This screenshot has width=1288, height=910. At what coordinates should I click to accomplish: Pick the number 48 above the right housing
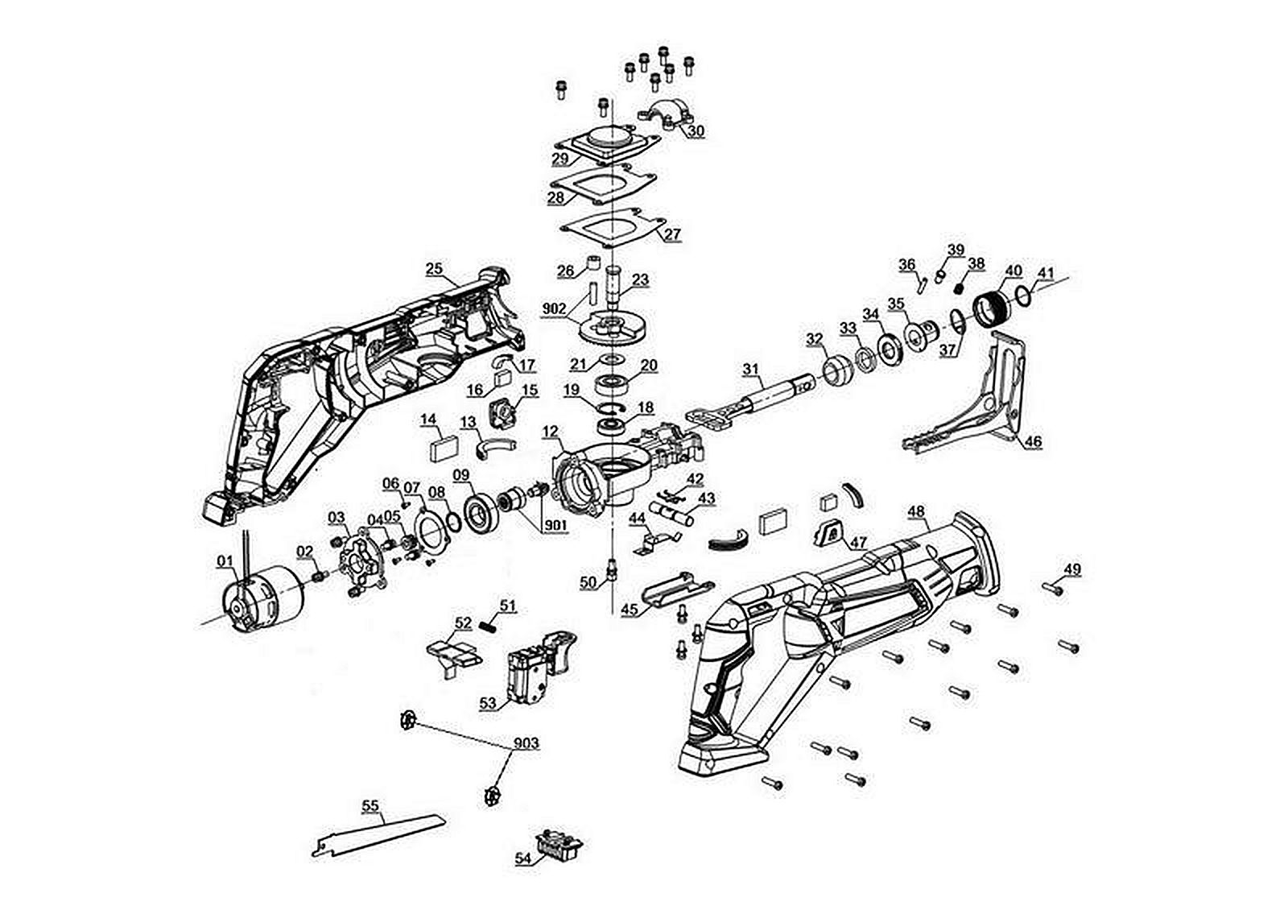click(915, 511)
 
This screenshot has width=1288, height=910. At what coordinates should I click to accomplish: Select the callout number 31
click(750, 369)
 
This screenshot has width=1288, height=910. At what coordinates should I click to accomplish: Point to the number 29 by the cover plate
click(560, 159)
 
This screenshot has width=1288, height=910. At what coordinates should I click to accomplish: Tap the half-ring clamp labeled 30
click(665, 115)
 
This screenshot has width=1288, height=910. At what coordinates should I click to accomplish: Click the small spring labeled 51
click(487, 624)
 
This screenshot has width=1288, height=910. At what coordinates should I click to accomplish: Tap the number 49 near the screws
click(1071, 569)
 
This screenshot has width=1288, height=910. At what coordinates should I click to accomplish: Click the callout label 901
click(555, 526)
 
